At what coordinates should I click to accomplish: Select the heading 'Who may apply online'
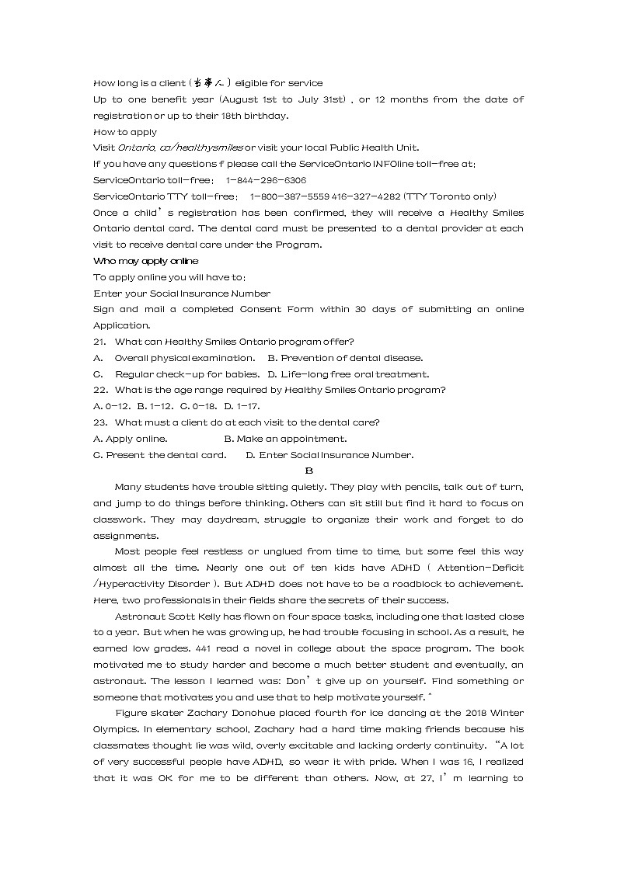[145, 261]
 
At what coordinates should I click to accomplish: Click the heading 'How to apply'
[124, 132]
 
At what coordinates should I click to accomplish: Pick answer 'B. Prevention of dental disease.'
[345, 358]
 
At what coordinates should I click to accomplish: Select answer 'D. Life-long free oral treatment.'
[348, 374]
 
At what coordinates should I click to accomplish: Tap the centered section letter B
[308, 471]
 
